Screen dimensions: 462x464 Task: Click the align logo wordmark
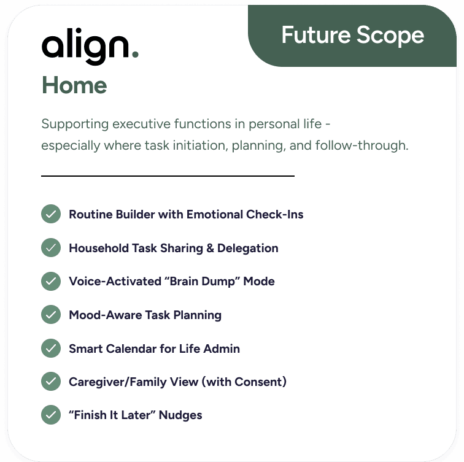86,46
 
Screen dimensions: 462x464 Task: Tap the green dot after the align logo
134,55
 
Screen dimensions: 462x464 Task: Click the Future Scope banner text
352,35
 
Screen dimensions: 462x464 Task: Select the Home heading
74,85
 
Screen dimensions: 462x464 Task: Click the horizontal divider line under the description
168,176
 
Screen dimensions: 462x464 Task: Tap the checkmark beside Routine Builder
50,215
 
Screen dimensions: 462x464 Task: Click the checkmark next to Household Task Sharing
50,248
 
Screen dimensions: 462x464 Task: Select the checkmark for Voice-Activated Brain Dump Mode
50,282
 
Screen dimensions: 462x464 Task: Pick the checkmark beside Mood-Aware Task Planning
50,315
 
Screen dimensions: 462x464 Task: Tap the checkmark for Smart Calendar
50,348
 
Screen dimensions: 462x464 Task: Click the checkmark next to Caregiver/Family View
50,382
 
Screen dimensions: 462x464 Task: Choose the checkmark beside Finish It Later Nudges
50,415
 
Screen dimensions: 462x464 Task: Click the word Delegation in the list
247,248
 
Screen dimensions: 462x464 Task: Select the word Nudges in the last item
180,415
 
